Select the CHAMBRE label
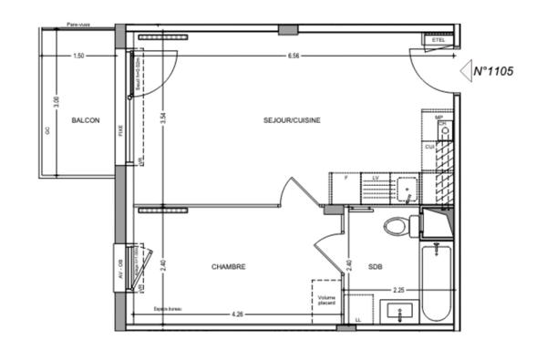(x=229, y=267)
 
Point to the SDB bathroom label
(x=376, y=267)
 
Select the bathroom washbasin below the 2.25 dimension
(x=400, y=312)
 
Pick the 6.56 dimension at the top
(x=294, y=56)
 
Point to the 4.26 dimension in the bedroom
(x=237, y=314)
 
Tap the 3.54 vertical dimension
(x=162, y=117)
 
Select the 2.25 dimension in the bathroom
(x=398, y=291)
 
